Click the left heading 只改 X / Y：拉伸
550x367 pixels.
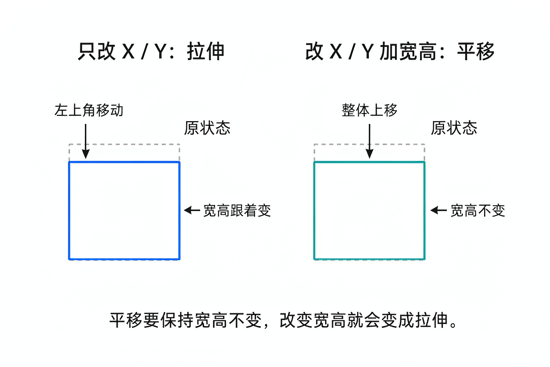pyautogui.click(x=151, y=51)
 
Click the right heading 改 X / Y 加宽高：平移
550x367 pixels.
pyautogui.click(x=400, y=51)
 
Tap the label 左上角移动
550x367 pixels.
pyautogui.click(x=89, y=110)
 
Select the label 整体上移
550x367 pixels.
pyautogui.click(x=369, y=110)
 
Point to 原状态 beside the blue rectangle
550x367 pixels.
pyautogui.click(x=207, y=128)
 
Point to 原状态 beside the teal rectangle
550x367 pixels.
pyautogui.click(x=454, y=128)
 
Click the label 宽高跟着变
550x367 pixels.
pyautogui.click(x=237, y=210)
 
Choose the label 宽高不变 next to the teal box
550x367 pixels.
pyautogui.click(x=478, y=210)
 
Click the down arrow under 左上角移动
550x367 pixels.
pyautogui.click(x=86, y=141)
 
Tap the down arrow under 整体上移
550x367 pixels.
pyautogui.click(x=370, y=141)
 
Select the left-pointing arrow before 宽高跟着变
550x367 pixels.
pyautogui.click(x=192, y=210)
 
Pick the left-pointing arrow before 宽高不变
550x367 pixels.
pyautogui.click(x=439, y=210)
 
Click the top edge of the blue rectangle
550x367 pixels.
pyautogui.click(x=124, y=162)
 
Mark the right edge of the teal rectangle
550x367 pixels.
pyautogui.click(x=424, y=211)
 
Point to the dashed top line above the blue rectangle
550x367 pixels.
pyautogui.click(x=124, y=144)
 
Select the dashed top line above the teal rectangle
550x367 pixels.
pyautogui.click(x=369, y=144)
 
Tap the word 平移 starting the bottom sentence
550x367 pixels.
pyautogui.click(x=126, y=320)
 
